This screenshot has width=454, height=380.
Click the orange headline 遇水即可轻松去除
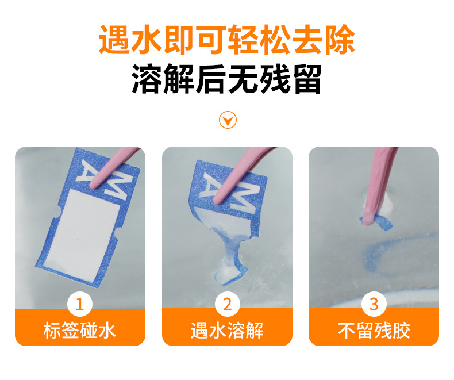pos(227,40)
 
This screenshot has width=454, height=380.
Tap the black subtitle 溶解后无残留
pos(226,79)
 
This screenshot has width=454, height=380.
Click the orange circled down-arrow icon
pos(228,120)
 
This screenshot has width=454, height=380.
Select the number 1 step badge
pos(80,305)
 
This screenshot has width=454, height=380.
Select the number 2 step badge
pos(228,305)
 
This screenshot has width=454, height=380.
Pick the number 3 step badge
pos(374,305)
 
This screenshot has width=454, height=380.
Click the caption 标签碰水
pos(80,331)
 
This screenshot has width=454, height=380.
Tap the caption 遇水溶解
pos(227,331)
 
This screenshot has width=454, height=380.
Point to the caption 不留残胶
pos(374,331)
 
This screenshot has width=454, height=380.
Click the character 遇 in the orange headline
pos(114,40)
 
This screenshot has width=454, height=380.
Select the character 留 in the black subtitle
pos(307,79)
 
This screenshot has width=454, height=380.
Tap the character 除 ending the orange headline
pos(340,40)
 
